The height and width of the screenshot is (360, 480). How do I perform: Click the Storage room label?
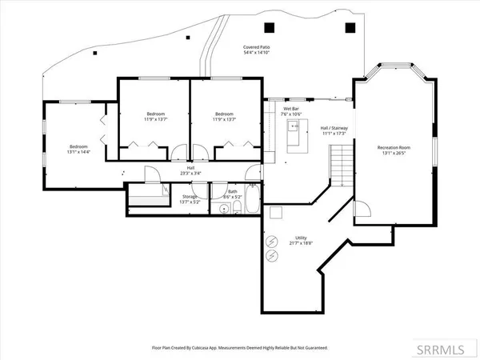coord(189,197)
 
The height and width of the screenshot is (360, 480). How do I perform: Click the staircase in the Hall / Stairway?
coord(342,169)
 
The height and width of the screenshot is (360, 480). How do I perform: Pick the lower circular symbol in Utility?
coord(273,256)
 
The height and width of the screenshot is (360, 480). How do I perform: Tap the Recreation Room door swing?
coord(362,210)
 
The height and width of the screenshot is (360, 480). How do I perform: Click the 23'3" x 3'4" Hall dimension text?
coord(189,173)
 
